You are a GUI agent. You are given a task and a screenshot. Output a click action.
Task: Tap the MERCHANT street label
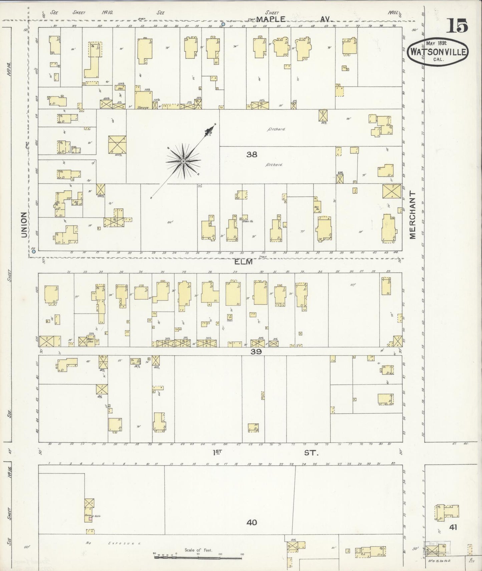coord(413,215)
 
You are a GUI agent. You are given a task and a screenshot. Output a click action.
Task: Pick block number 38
coord(252,154)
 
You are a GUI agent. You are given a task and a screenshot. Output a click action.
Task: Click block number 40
coord(252,522)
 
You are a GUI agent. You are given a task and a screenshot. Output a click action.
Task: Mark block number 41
coord(453,527)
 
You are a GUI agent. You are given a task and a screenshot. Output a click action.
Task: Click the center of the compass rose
coord(183,162)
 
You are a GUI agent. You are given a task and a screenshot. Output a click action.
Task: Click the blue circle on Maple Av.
coord(223,24)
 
